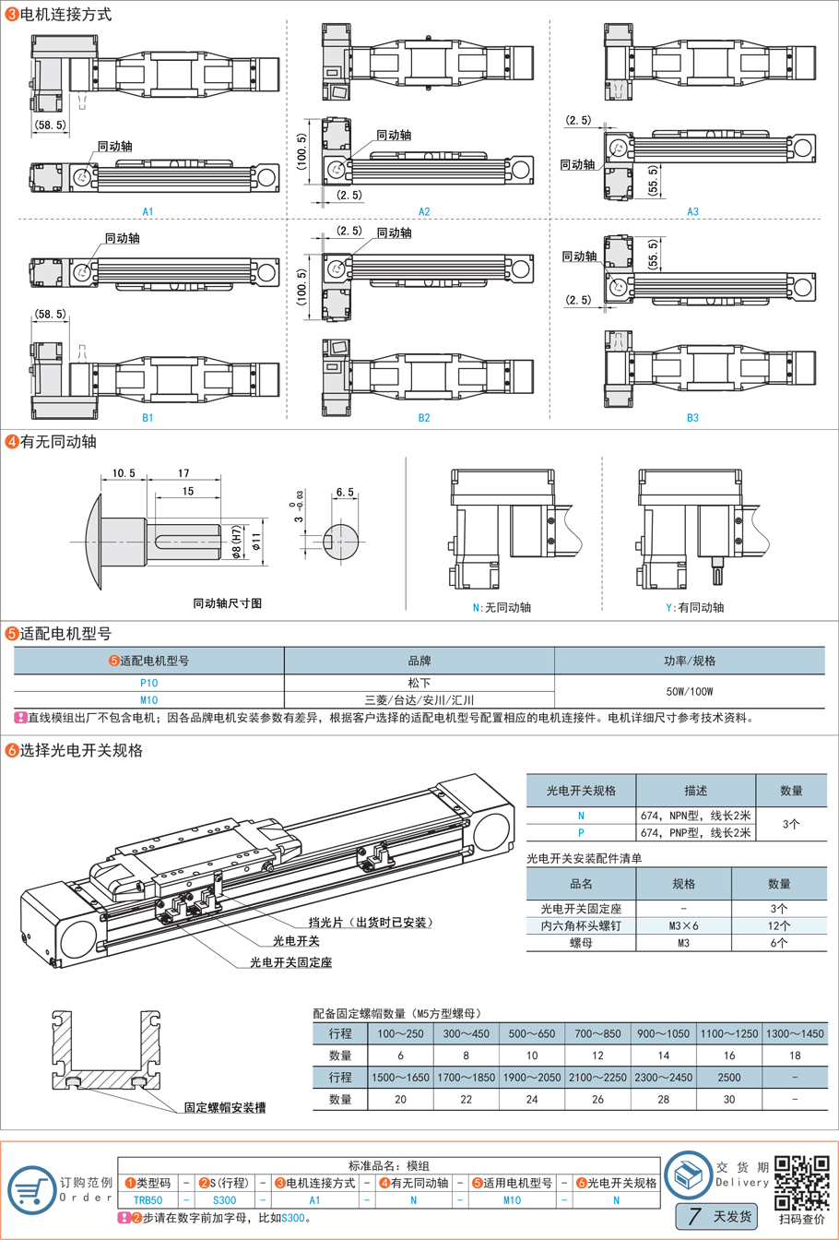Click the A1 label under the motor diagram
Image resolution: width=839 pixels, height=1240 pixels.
click(148, 211)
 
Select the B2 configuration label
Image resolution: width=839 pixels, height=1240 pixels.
click(424, 418)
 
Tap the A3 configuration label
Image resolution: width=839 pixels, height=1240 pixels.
click(692, 211)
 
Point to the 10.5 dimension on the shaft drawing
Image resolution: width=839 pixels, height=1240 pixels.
click(124, 473)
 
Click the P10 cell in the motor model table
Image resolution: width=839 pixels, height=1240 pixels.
click(148, 684)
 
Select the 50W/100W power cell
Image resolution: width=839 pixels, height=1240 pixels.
click(690, 692)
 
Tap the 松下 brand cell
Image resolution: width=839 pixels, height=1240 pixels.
click(419, 684)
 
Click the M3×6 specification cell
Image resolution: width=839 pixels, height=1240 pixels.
click(684, 925)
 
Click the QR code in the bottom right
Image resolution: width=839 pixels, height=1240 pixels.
click(800, 1182)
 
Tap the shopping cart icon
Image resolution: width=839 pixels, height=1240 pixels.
click(31, 1189)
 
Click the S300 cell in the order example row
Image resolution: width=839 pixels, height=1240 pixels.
click(224, 1200)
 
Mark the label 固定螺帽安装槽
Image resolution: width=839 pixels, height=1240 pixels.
click(225, 1107)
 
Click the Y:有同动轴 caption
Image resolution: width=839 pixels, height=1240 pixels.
click(694, 608)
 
